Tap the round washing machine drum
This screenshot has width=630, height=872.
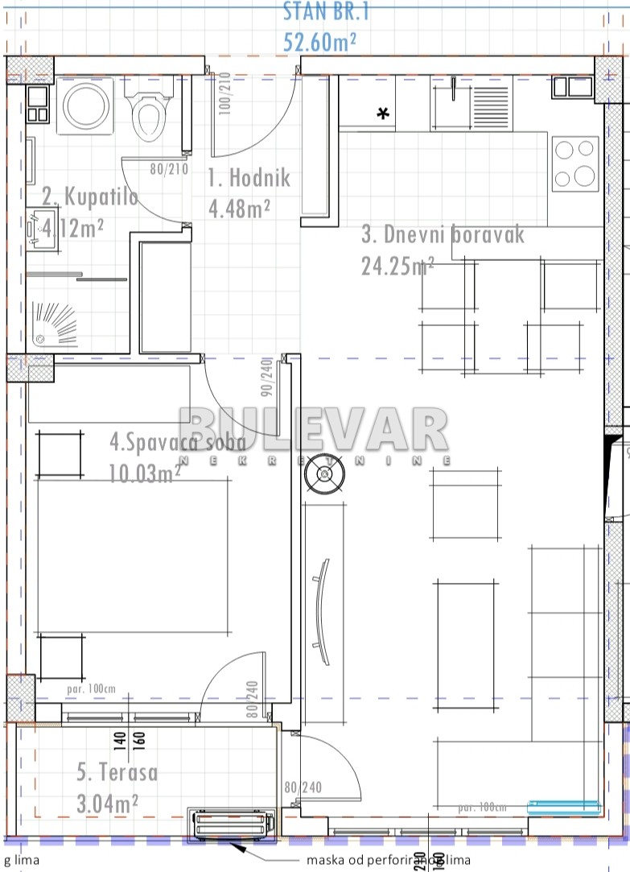pyautogui.click(x=88, y=107)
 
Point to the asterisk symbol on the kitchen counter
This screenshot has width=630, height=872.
pyautogui.click(x=384, y=114)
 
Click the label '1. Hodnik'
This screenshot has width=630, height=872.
pyautogui.click(x=249, y=178)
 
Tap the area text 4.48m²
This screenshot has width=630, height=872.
pyautogui.click(x=239, y=209)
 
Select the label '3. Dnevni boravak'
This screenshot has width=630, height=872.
pyautogui.click(x=443, y=234)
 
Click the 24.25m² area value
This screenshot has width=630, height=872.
pyautogui.click(x=397, y=266)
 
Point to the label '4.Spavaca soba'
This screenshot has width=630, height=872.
pyautogui.click(x=177, y=441)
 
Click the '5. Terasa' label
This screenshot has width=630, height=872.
pyautogui.click(x=117, y=772)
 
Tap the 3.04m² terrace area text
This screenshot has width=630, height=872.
pyautogui.click(x=108, y=803)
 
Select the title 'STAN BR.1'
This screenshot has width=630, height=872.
pyautogui.click(x=326, y=11)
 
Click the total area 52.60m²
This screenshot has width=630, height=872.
pyautogui.click(x=320, y=40)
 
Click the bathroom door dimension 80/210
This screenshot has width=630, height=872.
pyautogui.click(x=168, y=170)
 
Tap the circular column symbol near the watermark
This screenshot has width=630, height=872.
pyautogui.click(x=323, y=475)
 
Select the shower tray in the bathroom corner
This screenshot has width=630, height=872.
pyautogui.click(x=56, y=325)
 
